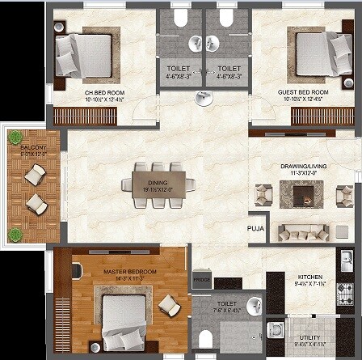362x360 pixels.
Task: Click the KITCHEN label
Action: tap(310, 276)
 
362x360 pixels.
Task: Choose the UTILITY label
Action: tap(310, 337)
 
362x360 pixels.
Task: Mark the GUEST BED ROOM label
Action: tap(303, 92)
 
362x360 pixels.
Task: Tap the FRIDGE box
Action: tap(200, 280)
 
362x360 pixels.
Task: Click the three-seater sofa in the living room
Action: tap(303, 232)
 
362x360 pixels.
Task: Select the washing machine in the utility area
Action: tap(274, 331)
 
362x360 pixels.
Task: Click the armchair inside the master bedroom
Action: tap(170, 304)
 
